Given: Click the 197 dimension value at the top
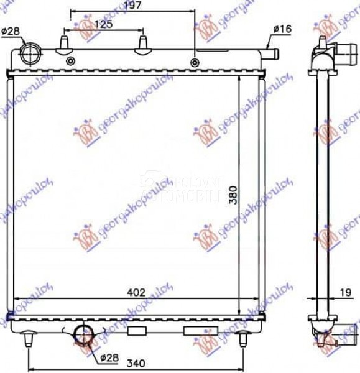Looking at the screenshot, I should pyautogui.click(x=132, y=6).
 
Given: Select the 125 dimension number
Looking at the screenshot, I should pyautogui.click(x=103, y=24).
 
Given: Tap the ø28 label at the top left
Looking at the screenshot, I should pyautogui.click(x=11, y=31).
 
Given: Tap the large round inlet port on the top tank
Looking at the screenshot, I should pyautogui.click(x=30, y=52).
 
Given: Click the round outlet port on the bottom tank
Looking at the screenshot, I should pyautogui.click(x=83, y=334).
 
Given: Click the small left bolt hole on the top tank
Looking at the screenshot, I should pyautogui.click(x=70, y=60).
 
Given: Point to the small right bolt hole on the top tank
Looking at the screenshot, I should pyautogui.click(x=195, y=62).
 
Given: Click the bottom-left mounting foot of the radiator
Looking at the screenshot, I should pyautogui.click(x=29, y=339).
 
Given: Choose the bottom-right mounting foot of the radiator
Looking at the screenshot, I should pyautogui.click(x=244, y=339).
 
